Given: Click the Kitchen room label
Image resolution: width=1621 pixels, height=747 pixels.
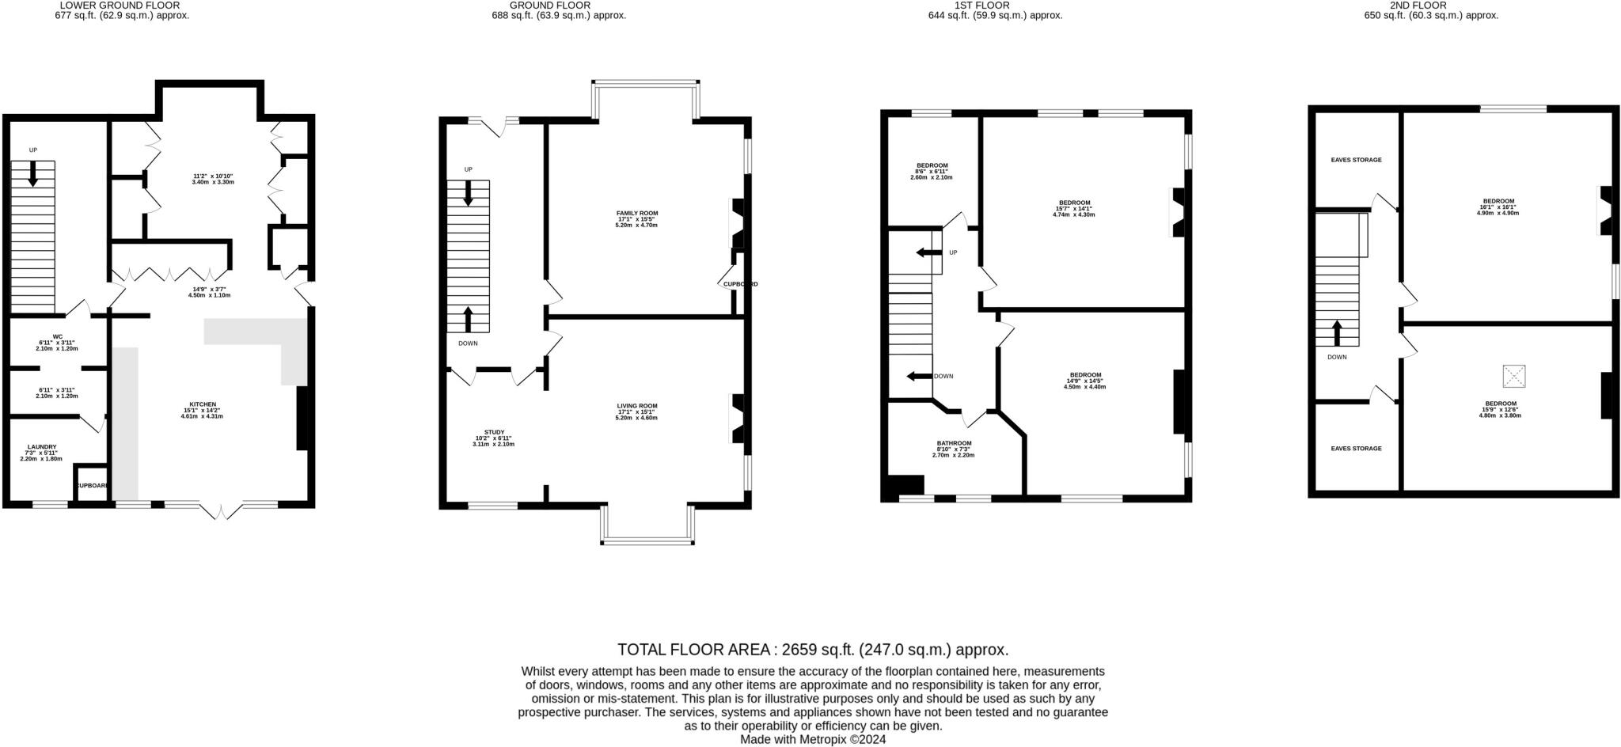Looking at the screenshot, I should (x=203, y=404).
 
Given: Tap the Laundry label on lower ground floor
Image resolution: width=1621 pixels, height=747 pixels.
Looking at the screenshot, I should (x=42, y=447).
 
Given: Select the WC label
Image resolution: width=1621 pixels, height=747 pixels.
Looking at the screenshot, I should (x=57, y=336).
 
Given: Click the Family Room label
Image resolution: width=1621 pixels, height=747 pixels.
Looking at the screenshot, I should (x=636, y=214).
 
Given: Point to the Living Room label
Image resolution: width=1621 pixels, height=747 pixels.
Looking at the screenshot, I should (x=636, y=406).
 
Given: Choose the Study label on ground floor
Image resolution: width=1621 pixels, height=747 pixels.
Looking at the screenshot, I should (x=494, y=433).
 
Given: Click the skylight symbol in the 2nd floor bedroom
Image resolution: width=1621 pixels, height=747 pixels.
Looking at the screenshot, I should (x=1514, y=376).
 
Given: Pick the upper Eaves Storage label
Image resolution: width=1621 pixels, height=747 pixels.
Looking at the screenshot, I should (x=1356, y=160).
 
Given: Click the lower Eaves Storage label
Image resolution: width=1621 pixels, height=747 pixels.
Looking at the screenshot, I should (x=1356, y=449).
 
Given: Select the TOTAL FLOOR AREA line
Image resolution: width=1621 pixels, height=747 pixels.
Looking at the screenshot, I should (x=813, y=650).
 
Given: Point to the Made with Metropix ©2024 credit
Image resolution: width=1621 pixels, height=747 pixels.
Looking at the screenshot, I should (x=813, y=739).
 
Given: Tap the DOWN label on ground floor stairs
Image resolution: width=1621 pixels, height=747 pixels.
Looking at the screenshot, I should (x=468, y=343).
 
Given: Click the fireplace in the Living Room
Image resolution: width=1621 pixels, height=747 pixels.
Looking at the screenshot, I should (x=735, y=419).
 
